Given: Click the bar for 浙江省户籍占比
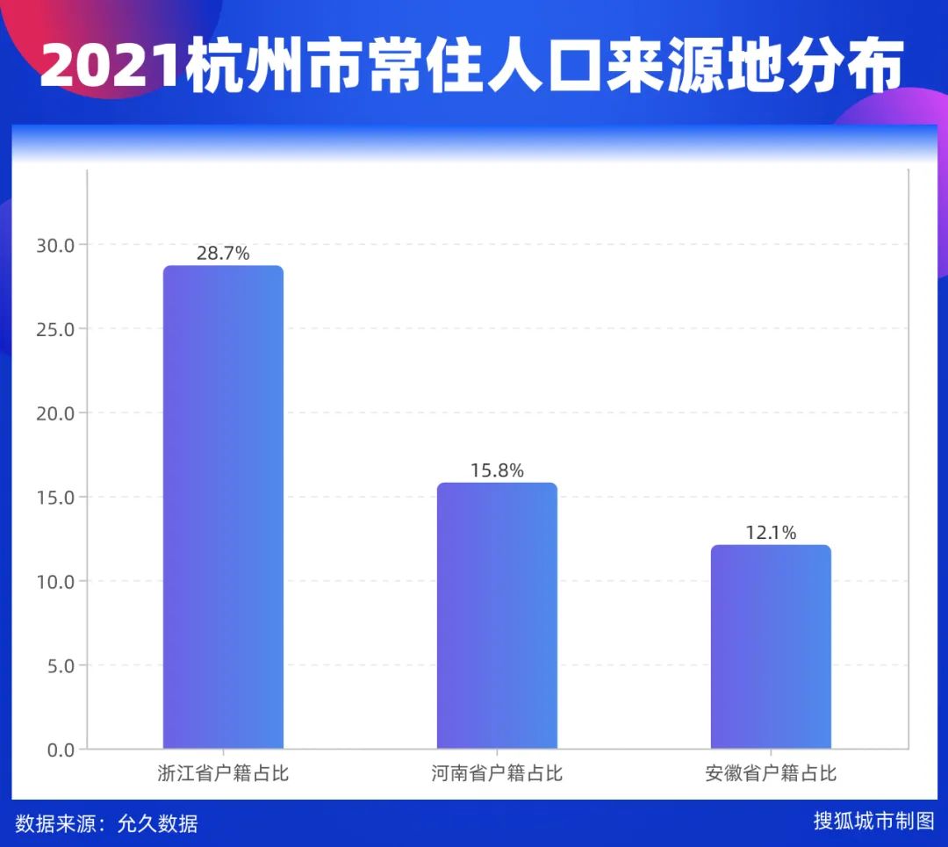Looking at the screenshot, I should coord(223,507).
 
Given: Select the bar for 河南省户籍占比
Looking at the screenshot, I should coord(497,615).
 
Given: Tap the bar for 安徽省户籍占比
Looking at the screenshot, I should coord(771,647).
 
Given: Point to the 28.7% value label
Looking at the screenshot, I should coord(223,254).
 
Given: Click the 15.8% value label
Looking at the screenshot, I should coord(497,470).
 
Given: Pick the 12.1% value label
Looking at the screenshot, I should coord(771,533).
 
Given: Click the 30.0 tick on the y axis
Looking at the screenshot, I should coord(56,245).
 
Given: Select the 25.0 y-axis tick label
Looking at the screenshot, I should coord(56,329).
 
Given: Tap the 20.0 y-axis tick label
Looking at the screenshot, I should coord(56,413).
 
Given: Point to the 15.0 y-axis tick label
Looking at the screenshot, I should coord(56,498).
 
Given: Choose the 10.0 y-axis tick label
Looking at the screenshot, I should coord(56,581).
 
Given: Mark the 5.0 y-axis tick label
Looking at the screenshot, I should coord(61,665).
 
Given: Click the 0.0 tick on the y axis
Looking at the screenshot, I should coord(61,750).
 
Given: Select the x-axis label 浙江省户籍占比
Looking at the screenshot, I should coord(223,774).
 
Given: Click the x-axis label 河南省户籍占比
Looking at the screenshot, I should coord(497,774).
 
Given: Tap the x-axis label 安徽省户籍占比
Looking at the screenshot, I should coord(771,774).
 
